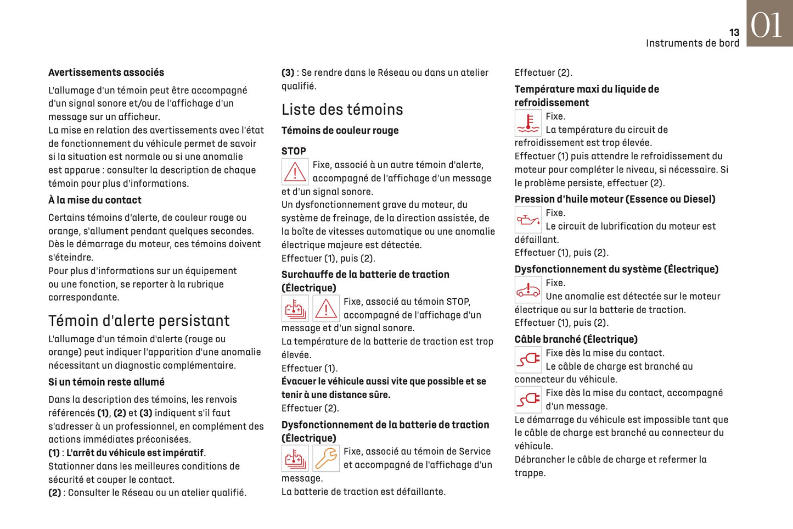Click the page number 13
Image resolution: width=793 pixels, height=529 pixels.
734,32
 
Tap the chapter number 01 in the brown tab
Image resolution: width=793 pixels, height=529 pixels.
767,25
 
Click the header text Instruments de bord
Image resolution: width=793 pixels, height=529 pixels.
692,43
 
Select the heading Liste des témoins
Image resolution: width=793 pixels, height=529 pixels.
342,109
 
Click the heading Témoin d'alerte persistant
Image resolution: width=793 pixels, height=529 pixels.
139,320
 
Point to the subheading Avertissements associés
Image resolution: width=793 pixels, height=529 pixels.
106,73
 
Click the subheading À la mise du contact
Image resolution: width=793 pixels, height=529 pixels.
94,200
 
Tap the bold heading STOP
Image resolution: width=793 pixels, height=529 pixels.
294,151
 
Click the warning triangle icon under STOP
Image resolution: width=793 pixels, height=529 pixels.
295,172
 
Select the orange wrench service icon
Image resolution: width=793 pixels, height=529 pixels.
326,458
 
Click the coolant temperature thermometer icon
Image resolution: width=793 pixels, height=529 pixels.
528,123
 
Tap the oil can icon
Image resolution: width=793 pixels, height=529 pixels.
528,220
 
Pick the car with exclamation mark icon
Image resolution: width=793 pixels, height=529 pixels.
528,289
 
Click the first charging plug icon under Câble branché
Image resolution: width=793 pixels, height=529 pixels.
528,360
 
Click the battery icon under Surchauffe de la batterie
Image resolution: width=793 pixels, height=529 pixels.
295,309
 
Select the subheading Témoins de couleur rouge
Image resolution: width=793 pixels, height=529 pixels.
340,131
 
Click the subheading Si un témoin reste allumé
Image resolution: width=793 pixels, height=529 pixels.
106,382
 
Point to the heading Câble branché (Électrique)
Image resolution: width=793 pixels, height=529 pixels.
576,339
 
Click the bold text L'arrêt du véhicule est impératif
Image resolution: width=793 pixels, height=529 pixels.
135,453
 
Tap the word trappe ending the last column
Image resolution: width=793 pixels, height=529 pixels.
530,473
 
